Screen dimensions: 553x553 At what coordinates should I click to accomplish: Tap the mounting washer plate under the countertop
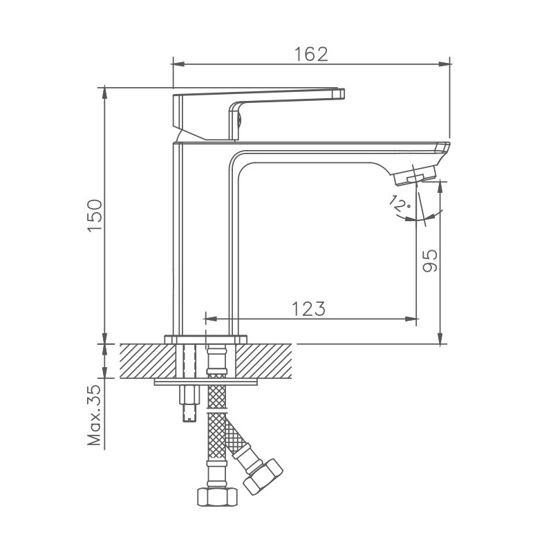(205, 381)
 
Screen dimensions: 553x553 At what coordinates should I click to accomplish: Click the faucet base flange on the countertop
(205, 339)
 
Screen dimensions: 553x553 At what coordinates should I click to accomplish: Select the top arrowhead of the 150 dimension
(104, 92)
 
